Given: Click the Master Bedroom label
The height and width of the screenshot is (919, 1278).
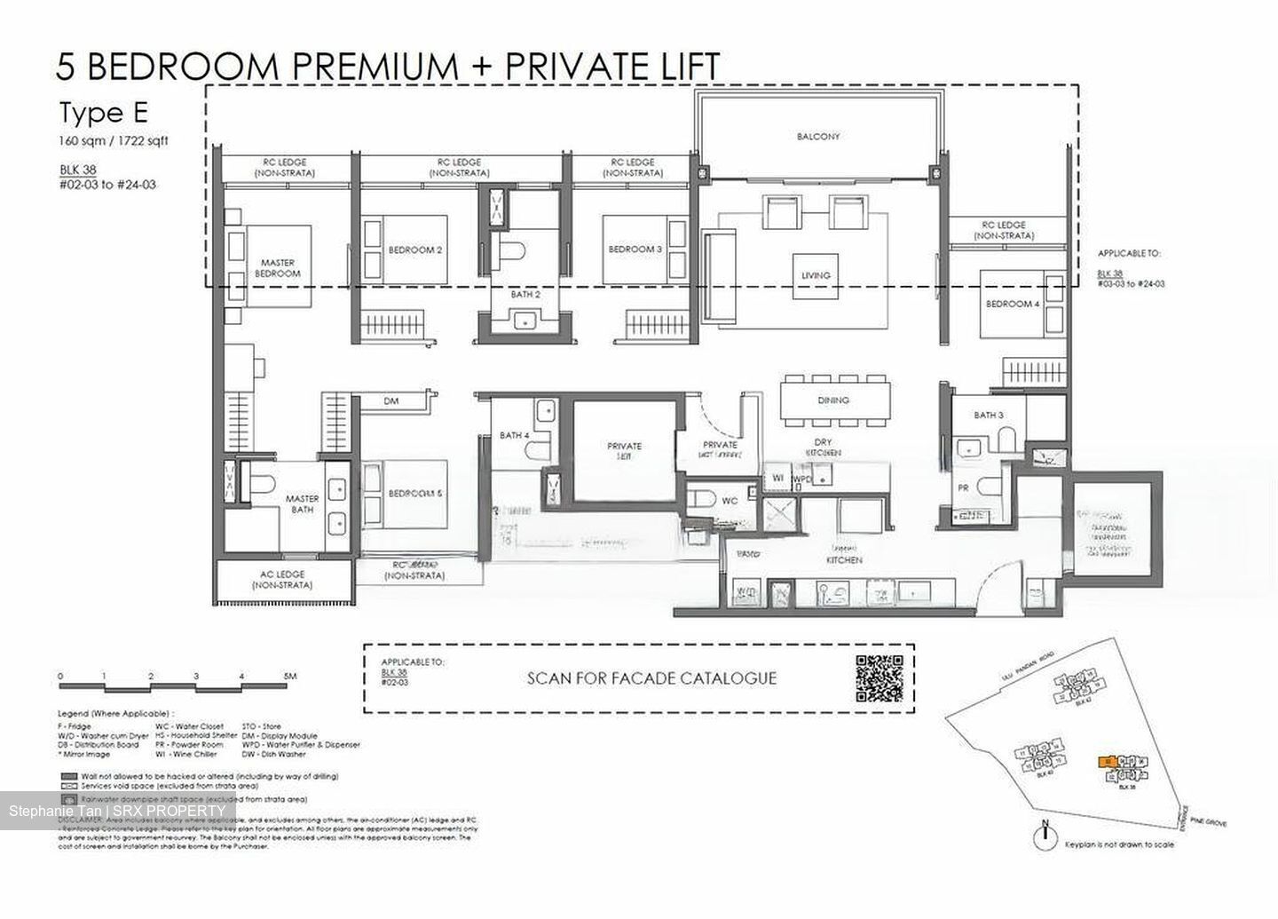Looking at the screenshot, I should point(277,268).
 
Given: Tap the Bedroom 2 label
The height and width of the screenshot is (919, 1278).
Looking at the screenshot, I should point(415,250).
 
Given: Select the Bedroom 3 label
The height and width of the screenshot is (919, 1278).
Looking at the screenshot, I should point(635,250).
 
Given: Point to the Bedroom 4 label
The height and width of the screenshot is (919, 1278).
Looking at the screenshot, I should point(1012,305).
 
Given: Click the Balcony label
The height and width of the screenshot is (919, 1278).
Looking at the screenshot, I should point(817,137).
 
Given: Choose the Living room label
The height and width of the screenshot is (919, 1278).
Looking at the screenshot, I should point(816,275).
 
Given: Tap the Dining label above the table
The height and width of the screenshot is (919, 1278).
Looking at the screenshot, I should point(833,400).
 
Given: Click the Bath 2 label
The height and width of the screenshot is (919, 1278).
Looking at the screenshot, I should point(525,293).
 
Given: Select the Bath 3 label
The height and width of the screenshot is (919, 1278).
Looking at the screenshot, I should point(988,415).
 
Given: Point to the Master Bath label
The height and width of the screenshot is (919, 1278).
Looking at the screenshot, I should point(302,504).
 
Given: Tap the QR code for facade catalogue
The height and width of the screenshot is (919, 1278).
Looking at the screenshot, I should point(879,678).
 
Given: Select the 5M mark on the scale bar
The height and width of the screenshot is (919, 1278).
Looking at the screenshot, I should point(289,677).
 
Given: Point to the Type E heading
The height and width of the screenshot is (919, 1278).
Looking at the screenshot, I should point(103,114).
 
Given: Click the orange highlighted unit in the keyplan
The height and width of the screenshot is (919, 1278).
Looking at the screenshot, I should point(1106,762).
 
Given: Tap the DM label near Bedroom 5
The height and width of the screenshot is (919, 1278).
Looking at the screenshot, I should point(391,401).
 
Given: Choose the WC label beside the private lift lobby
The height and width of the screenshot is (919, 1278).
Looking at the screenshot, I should point(729,502).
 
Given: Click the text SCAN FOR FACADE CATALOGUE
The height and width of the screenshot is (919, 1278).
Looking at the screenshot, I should point(651,678).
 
